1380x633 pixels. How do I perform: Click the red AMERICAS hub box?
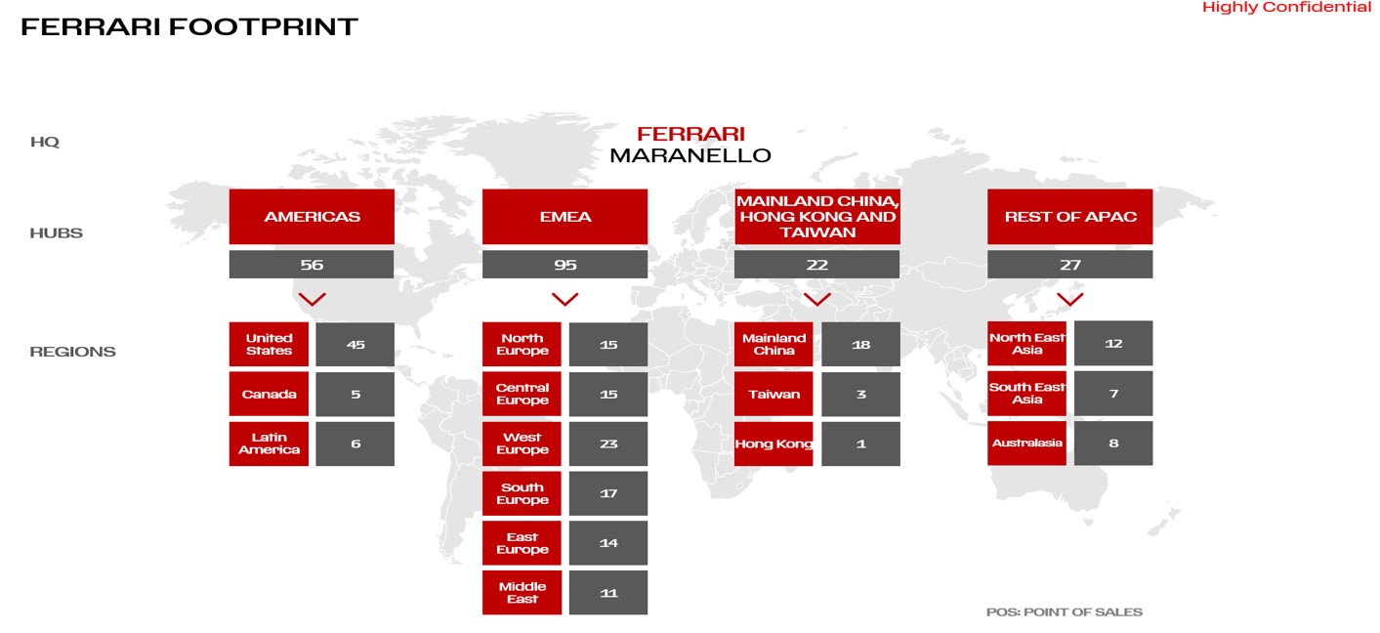tap(312, 217)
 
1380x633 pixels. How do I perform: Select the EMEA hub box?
tap(565, 217)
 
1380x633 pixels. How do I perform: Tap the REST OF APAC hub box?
tap(1069, 217)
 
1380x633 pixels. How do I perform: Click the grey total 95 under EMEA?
tap(565, 265)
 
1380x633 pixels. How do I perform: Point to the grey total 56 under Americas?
tap(312, 265)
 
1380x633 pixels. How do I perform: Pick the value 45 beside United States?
tap(355, 345)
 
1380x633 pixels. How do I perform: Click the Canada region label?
tap(269, 395)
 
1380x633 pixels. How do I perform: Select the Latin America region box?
tap(269, 443)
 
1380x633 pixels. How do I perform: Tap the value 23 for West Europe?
tap(608, 443)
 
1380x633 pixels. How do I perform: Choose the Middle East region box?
tap(522, 593)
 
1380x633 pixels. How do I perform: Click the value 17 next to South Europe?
tap(608, 493)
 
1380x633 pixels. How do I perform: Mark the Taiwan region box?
tap(774, 395)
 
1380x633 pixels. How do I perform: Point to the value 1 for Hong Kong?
tap(860, 443)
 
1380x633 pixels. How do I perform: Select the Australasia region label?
tap(1026, 443)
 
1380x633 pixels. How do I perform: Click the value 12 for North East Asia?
tap(1113, 344)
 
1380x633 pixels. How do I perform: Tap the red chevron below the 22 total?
tap(817, 299)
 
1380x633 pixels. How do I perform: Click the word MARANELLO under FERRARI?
tap(690, 155)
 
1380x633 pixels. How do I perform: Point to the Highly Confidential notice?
tap(1286, 8)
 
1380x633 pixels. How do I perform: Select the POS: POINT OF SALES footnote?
tap(1064, 612)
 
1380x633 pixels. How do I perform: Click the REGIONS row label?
tap(72, 352)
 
